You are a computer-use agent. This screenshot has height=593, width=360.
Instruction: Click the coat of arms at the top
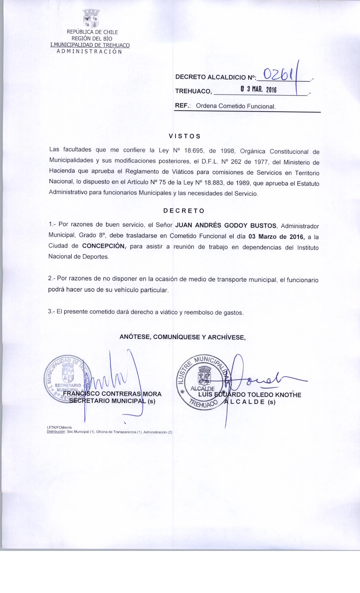pyautogui.click(x=91, y=19)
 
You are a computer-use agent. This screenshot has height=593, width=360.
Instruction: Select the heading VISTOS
pyautogui.click(x=184, y=136)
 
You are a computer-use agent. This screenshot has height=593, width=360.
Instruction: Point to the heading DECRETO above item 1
pyautogui.click(x=184, y=211)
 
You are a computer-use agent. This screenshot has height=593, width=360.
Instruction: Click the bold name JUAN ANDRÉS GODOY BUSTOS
pyautogui.click(x=226, y=225)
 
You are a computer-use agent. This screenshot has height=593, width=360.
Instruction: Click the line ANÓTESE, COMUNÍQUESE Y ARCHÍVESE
pyautogui.click(x=183, y=337)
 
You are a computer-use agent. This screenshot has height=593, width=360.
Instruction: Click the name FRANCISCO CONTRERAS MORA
pyautogui.click(x=112, y=394)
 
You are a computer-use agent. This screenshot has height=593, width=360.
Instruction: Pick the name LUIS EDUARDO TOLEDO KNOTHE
pyautogui.click(x=250, y=395)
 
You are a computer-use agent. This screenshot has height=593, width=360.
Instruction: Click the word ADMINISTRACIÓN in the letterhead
pyautogui.click(x=89, y=51)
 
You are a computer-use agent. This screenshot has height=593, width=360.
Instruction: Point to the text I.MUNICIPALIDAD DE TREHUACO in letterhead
pyautogui.click(x=90, y=45)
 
